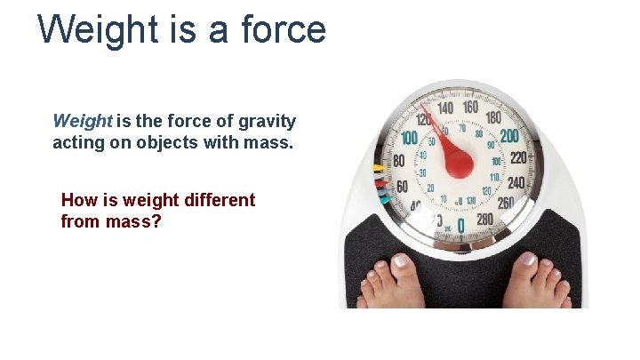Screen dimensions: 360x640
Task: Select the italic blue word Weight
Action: (x=83, y=121)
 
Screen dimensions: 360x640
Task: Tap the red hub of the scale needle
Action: (x=459, y=163)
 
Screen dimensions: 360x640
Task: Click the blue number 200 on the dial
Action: (x=509, y=136)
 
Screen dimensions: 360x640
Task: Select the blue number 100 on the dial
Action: (x=409, y=139)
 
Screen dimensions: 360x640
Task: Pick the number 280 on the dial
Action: (x=484, y=219)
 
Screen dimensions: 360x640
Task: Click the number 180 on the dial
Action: (x=494, y=117)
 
